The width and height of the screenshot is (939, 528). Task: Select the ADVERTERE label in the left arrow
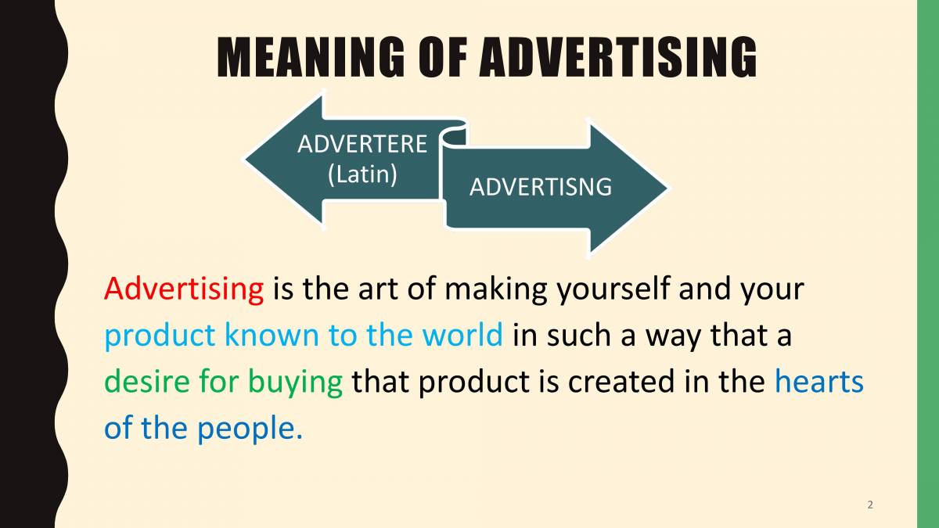362,145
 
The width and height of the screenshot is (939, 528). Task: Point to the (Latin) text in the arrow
362,174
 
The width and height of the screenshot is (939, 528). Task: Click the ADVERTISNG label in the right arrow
540,188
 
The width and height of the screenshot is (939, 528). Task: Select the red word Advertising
184,289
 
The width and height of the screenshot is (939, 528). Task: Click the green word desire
146,382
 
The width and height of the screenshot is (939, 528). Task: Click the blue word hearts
818,382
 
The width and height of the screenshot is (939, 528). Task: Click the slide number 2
870,505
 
